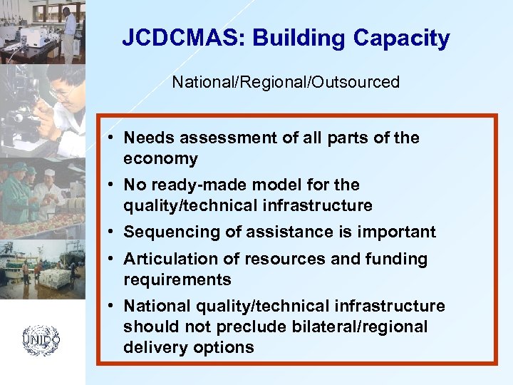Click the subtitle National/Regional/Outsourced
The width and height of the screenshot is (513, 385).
[x=286, y=82]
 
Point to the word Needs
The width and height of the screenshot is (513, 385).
[x=147, y=138]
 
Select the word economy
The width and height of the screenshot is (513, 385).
[x=160, y=158]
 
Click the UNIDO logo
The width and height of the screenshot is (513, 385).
[x=41, y=341]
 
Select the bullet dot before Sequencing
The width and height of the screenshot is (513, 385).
[x=113, y=232]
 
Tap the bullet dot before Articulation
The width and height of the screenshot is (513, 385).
[x=113, y=260]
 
